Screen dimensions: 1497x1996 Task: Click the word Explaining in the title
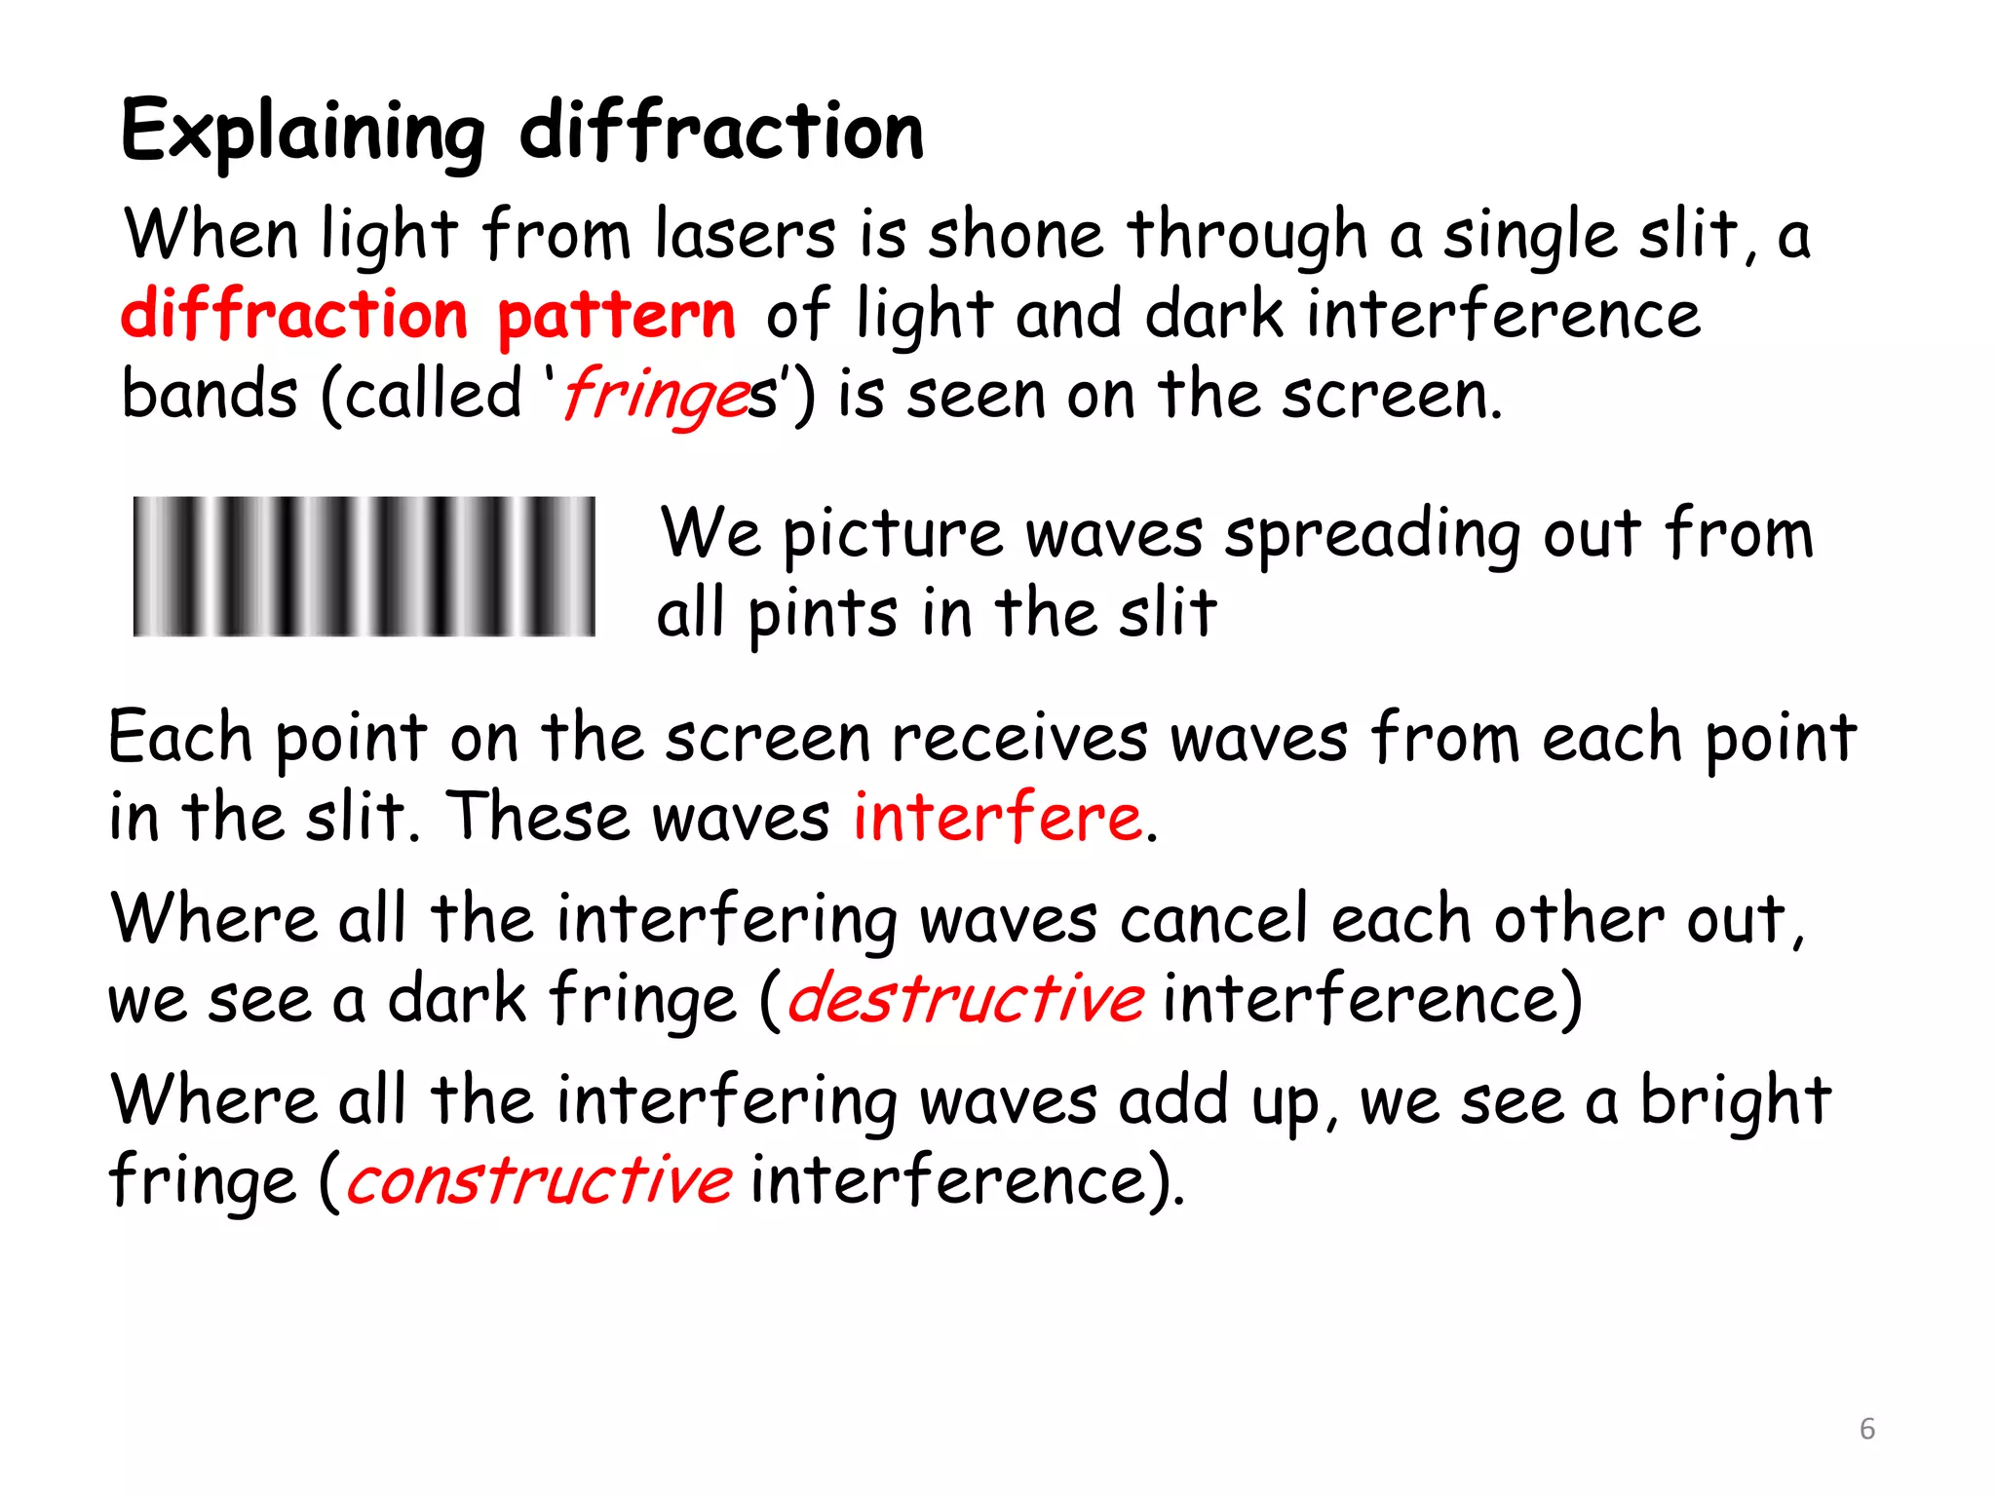coord(302,133)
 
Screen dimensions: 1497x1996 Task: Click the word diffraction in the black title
coord(721,131)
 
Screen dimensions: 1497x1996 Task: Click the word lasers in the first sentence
coord(745,235)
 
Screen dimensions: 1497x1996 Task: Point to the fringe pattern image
coord(364,566)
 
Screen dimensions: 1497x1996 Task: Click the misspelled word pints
coord(822,615)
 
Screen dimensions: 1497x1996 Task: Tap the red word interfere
coord(997,817)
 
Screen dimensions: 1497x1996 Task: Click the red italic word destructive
coord(965,999)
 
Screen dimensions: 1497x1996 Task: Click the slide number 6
coord(1866,1429)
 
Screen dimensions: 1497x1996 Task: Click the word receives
coord(1019,738)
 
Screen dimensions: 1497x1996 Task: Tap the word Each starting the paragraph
coord(179,737)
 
